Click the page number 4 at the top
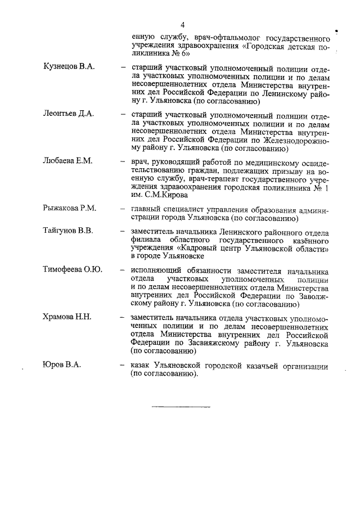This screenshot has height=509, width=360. point(183,25)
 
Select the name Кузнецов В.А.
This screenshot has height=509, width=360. point(69,67)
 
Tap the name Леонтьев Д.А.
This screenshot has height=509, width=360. point(68,114)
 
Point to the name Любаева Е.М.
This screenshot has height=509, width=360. point(67,161)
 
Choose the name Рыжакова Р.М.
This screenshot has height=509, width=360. point(70,208)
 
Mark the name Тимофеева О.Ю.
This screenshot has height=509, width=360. point(73,270)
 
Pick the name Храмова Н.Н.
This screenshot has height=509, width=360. point(67,317)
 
